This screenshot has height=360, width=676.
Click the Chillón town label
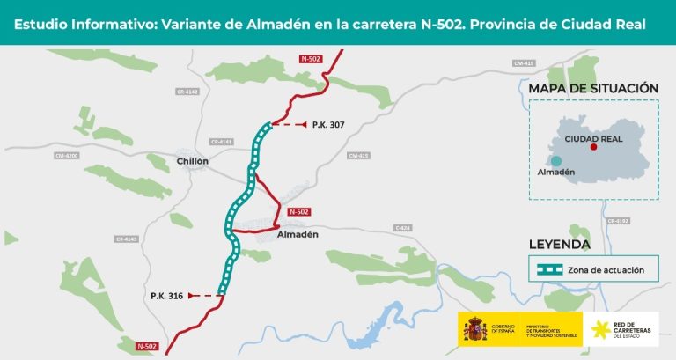(x=193, y=161)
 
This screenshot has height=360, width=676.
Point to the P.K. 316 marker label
(x=166, y=296)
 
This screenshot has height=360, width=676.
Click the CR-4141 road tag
(x=221, y=142)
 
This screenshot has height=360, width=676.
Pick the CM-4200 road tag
(x=66, y=156)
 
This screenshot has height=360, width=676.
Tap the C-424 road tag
(x=402, y=228)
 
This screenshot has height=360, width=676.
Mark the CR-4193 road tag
(x=617, y=220)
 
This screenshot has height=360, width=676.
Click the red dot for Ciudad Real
(x=594, y=147)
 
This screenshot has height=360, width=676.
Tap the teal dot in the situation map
(x=556, y=160)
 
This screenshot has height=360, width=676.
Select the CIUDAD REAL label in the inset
(x=594, y=138)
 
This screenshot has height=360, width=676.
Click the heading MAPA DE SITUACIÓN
(x=593, y=88)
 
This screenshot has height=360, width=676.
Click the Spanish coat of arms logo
(x=475, y=331)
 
